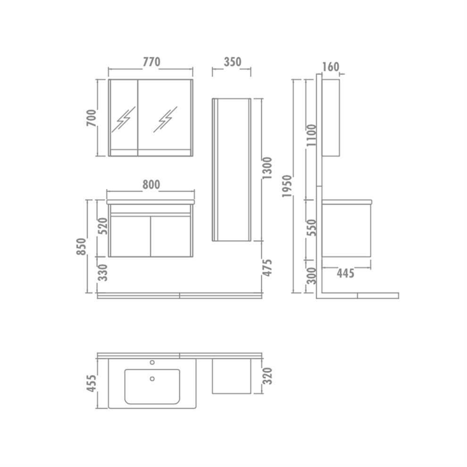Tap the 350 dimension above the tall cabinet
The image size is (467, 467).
(x=232, y=62)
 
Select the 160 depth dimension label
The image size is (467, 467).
(x=331, y=67)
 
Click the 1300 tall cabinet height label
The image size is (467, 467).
(x=267, y=169)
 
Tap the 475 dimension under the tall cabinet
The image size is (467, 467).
(x=267, y=268)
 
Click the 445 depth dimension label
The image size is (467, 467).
(x=346, y=273)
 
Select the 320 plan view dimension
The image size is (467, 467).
(x=267, y=376)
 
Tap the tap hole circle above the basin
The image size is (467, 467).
(x=152, y=363)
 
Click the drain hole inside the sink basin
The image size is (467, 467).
(x=152, y=378)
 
